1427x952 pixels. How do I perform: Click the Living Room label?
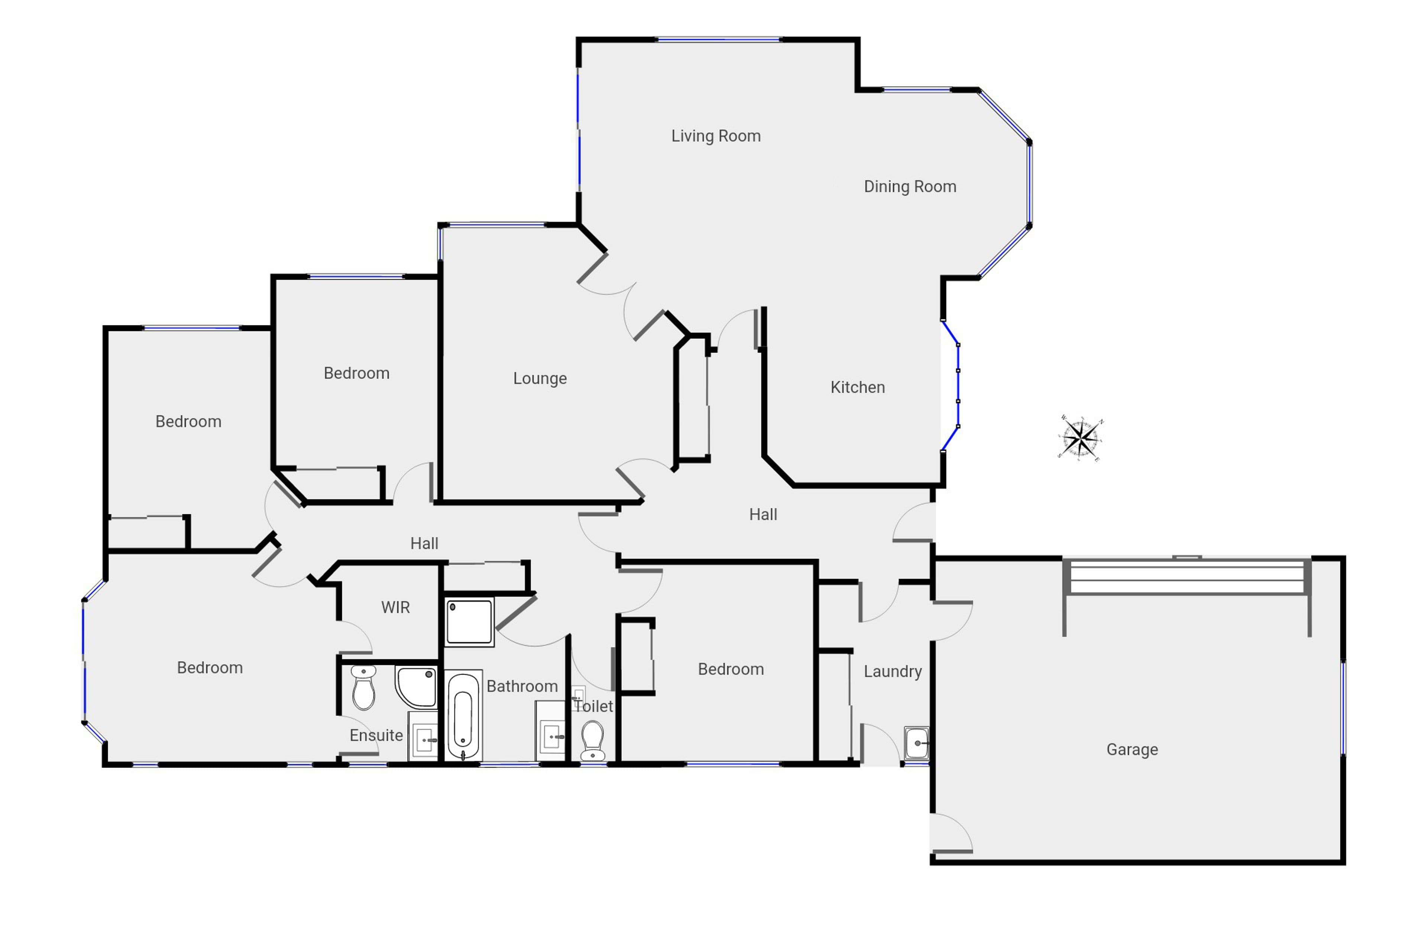point(716,136)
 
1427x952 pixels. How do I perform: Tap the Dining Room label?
point(910,186)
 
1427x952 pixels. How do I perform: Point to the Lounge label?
point(540,378)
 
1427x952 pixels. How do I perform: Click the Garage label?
point(1132,749)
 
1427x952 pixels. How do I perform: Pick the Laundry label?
point(893,672)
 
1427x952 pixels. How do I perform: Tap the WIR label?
point(395,607)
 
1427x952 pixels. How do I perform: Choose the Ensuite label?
point(376,735)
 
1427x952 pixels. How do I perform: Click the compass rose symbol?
point(1081,437)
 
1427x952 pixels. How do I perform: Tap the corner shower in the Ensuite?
point(416,687)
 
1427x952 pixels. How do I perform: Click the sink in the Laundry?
point(916,743)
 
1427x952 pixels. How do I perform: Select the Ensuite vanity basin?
point(423,736)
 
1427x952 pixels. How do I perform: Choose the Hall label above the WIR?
point(424,543)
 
